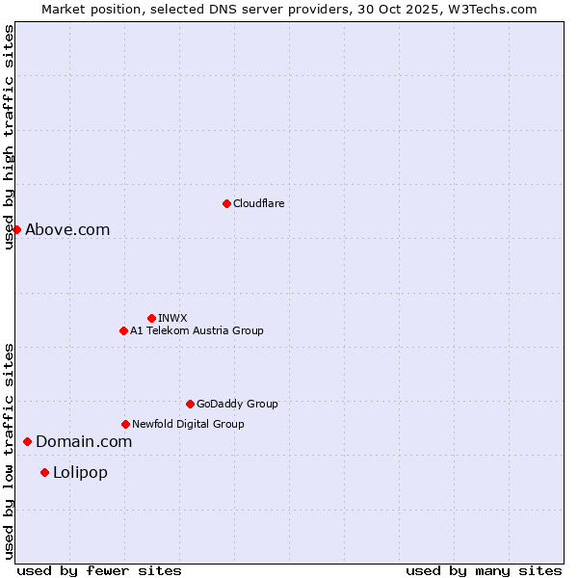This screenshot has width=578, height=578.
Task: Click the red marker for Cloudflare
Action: (226, 203)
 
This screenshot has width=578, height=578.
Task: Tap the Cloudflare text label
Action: (259, 203)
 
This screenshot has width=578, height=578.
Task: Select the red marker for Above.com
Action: (16, 229)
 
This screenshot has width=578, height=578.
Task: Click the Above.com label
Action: (67, 229)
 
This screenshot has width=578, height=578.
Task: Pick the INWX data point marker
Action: (151, 318)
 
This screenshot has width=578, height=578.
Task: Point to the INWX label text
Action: (172, 318)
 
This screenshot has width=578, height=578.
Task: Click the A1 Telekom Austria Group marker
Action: (123, 330)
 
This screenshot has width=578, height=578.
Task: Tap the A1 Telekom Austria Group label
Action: (197, 330)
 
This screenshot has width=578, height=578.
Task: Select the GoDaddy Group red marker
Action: (190, 404)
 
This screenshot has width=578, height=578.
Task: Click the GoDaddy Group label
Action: (237, 404)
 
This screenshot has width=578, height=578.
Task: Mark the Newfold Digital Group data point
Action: (125, 424)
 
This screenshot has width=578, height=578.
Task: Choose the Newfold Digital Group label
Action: (188, 424)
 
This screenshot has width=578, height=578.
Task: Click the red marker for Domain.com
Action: (27, 441)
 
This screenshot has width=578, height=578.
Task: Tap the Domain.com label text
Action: (84, 441)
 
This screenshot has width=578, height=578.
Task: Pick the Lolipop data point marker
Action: (44, 472)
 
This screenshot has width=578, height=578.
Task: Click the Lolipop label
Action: (80, 472)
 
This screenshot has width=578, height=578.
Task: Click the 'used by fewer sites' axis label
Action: (99, 570)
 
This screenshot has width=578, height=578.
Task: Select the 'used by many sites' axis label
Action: (484, 570)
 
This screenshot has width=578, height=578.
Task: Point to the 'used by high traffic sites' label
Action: (9, 137)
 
